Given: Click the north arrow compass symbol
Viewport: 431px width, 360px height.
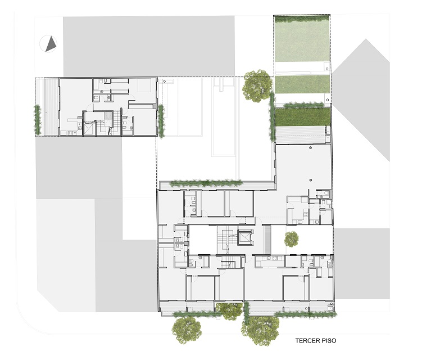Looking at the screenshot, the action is [x=48, y=44].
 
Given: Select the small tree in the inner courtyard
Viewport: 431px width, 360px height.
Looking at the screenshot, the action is [x=292, y=239].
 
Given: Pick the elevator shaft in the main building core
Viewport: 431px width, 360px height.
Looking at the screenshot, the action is [x=244, y=237].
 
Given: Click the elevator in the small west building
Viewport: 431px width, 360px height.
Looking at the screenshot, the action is [x=89, y=129].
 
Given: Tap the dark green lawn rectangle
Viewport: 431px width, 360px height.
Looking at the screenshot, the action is [x=303, y=116].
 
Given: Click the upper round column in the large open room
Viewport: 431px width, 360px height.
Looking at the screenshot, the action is [x=311, y=148].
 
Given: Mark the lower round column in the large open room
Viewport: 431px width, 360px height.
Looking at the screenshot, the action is [x=311, y=180].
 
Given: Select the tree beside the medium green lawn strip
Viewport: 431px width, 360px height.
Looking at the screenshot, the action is [x=257, y=86].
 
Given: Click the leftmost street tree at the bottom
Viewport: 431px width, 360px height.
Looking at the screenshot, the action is [x=187, y=330].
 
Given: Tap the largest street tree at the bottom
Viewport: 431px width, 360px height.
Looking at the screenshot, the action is [x=260, y=330].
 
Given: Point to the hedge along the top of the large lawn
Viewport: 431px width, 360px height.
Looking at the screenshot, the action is [x=301, y=19].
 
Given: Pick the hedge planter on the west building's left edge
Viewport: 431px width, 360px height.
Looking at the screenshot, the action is [x=38, y=120].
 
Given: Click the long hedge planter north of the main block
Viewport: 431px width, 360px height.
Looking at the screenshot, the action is [x=206, y=183].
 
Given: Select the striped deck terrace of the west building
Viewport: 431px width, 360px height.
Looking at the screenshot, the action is [x=51, y=107].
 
